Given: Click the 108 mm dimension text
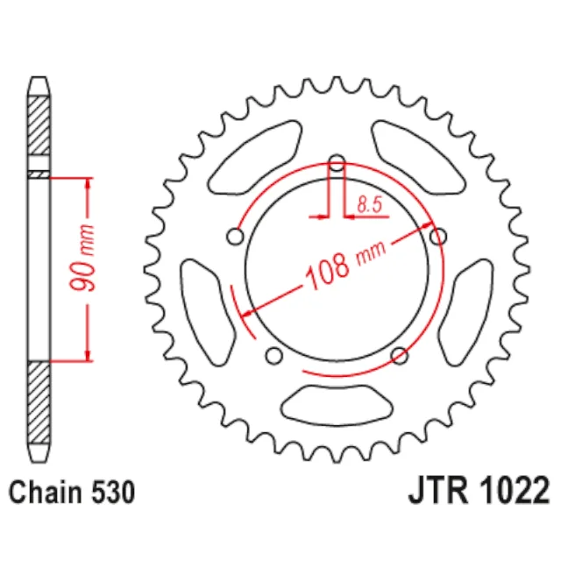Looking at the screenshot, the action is (x=345, y=265).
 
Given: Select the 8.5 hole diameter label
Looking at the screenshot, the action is (x=370, y=204).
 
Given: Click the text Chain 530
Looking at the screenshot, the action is (x=72, y=493).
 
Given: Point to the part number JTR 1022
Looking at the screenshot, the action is (x=479, y=491).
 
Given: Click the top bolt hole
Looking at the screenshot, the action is (x=337, y=163).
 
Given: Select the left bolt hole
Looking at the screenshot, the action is (x=236, y=237).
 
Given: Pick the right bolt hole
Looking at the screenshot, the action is (x=438, y=237).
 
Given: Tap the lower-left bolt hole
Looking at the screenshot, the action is (x=274, y=356).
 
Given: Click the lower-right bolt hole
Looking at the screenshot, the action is (x=400, y=356).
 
